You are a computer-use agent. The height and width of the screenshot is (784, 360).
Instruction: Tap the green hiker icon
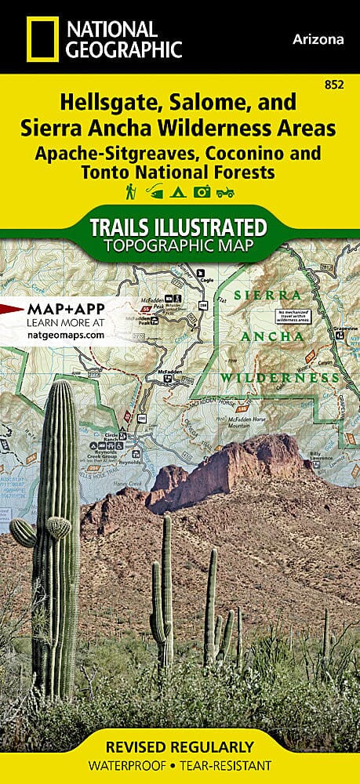130,191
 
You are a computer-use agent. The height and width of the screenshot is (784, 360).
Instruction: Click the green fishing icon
155,191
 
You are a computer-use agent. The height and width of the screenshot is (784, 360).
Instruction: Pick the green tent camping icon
179,191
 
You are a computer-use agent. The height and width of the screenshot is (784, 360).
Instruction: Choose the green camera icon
202,191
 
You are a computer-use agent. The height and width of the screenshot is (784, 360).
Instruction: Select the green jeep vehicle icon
227,191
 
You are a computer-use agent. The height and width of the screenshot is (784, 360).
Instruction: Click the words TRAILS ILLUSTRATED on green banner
179,227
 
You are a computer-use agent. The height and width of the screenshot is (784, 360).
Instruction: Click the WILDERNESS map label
275,378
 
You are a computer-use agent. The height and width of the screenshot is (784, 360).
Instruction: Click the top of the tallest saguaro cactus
60,386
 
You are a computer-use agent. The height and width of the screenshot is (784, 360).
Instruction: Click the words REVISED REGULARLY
180,747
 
